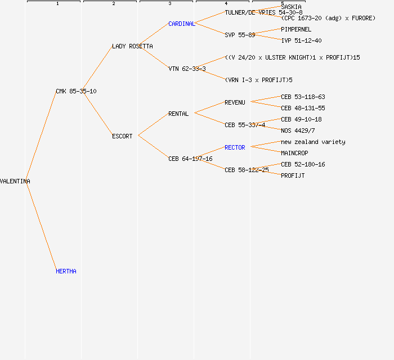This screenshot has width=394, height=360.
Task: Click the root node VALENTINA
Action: pyautogui.click(x=15, y=181)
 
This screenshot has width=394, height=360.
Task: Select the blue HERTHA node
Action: pyautogui.click(x=66, y=271)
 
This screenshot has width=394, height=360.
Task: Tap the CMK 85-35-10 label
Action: pyautogui.click(x=76, y=91)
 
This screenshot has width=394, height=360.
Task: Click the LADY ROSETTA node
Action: pyautogui.click(x=132, y=46)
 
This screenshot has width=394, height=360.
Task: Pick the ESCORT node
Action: pyautogui.click(x=122, y=136)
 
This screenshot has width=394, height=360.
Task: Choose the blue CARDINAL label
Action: pyautogui.click(x=181, y=24)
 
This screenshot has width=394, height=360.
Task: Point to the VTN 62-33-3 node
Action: pyautogui.click(x=187, y=69)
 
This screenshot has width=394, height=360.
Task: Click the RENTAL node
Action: pyautogui.click(x=178, y=114)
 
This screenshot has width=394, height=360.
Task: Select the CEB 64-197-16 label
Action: pyautogui.click(x=190, y=159)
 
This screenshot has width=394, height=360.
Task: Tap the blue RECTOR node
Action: pyautogui.click(x=235, y=147)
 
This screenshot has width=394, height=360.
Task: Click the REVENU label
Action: pyautogui.click(x=235, y=102)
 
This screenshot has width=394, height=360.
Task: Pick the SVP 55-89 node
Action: pyautogui.click(x=240, y=35)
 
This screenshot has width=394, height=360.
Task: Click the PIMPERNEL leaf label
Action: pyautogui.click(x=296, y=29)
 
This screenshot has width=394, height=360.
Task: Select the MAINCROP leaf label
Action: pyautogui.click(x=294, y=153)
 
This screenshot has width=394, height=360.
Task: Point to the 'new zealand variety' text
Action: pyautogui.click(x=313, y=142)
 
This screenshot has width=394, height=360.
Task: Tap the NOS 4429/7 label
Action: pyautogui.click(x=298, y=130)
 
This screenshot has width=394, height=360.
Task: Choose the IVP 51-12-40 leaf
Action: pyautogui.click(x=301, y=40)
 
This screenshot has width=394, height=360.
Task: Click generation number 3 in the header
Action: pyautogui.click(x=169, y=4)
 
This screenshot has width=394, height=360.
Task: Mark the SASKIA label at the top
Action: pyautogui.click(x=292, y=7)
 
